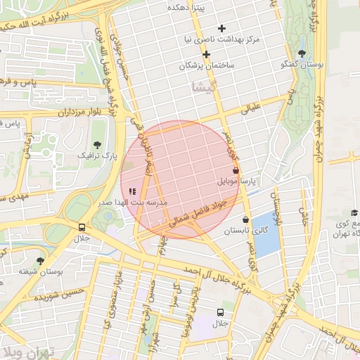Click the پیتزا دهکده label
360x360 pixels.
coord(185,6)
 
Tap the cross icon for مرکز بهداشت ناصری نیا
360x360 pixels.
coord(222,29)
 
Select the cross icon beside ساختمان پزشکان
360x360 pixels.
coord(206,54)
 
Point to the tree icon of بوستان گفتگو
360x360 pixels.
coord(302,53)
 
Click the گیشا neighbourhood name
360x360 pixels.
coord(202,87)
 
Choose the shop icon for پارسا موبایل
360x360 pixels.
coord(235,170)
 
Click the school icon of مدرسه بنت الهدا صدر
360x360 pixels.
coord(133,191)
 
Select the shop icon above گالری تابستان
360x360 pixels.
coord(245,219)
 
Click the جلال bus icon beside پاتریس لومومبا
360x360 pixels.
coord(221,312)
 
